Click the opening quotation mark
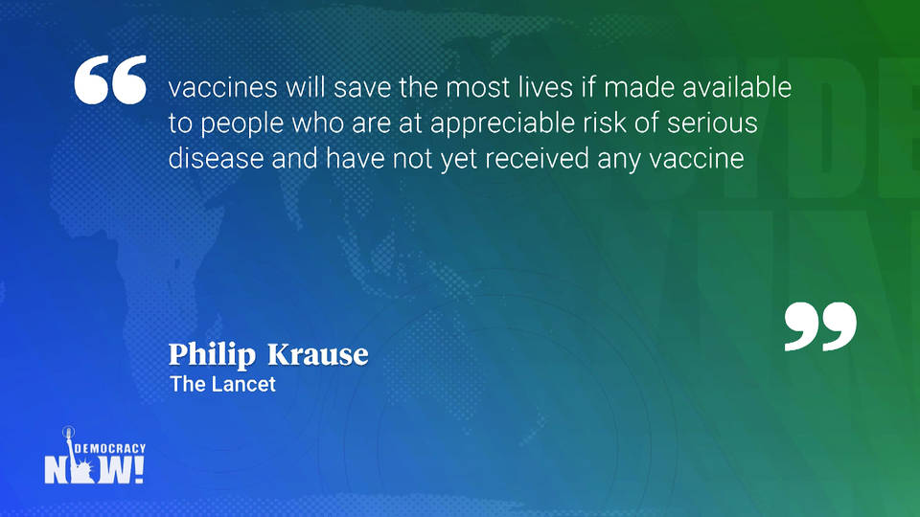pyautogui.click(x=110, y=79)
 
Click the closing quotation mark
pyautogui.click(x=820, y=326)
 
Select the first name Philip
pyautogui.click(x=213, y=355)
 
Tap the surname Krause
pyautogui.click(x=318, y=354)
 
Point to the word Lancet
pyautogui.click(x=242, y=384)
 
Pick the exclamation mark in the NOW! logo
pyautogui.click(x=139, y=470)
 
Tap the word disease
pyautogui.click(x=216, y=158)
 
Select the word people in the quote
pyautogui.click(x=242, y=124)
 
